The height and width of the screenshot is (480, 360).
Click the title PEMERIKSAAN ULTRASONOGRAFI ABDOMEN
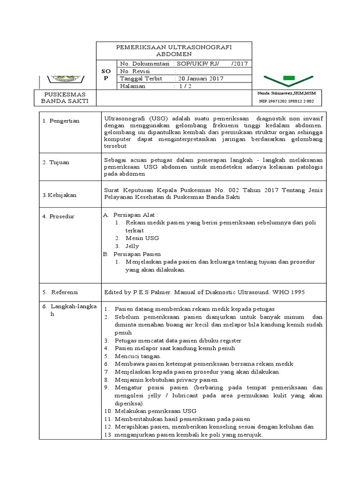point(173,51)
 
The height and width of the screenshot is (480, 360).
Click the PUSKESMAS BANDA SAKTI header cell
point(66,97)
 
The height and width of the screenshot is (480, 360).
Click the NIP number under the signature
point(286,101)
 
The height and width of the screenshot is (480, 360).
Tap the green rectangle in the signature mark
point(289,77)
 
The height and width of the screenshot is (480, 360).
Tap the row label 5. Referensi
point(61,292)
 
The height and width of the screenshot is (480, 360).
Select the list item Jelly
point(132,246)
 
